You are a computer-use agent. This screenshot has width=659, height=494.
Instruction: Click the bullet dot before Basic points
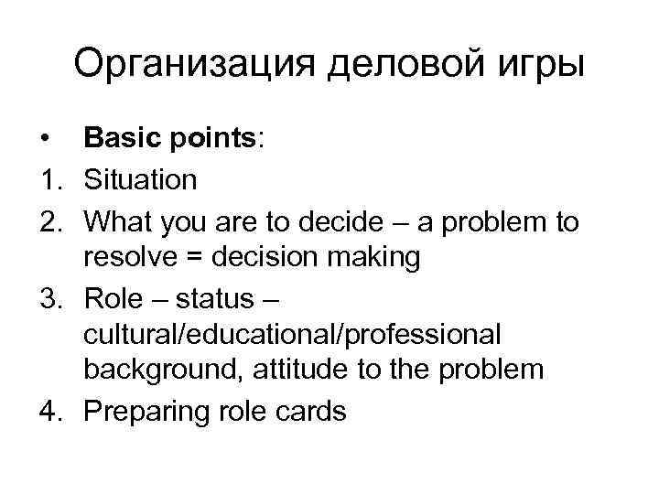click(44, 140)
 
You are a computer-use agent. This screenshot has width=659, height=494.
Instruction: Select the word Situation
click(140, 179)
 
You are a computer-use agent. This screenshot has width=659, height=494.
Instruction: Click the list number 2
click(48, 220)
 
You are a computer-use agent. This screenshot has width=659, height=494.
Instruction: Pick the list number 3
click(48, 296)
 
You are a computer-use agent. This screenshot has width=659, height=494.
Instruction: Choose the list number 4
click(48, 412)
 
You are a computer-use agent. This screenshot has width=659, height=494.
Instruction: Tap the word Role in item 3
click(113, 296)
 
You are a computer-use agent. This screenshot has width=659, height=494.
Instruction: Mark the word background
click(163, 371)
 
